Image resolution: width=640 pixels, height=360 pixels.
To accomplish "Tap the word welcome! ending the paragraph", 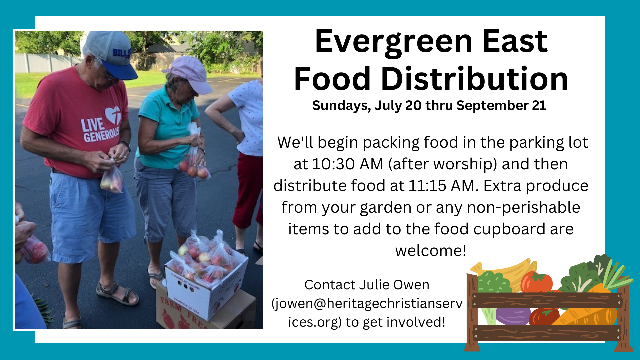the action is point(431,251).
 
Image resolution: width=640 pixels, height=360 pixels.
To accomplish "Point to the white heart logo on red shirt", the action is point(113,115).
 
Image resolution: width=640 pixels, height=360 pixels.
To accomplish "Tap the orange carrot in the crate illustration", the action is point(587,313).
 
